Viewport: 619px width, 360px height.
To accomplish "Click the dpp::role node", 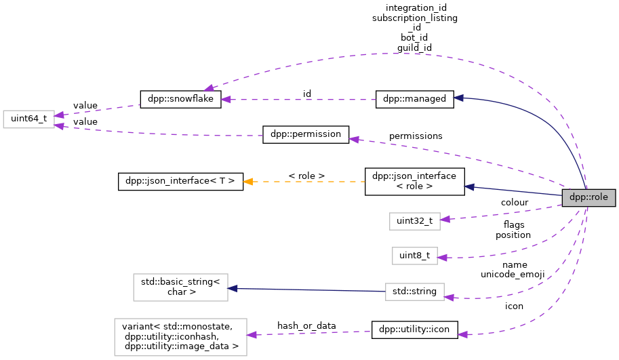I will tap(588, 198).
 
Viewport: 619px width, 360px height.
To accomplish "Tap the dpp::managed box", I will tap(414, 99).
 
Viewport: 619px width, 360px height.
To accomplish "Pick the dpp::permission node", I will tap(305, 134).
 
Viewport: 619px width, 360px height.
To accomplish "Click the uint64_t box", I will tap(28, 119).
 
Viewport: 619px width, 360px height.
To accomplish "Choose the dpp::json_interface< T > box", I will tap(180, 181).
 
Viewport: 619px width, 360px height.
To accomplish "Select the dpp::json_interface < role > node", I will tap(414, 182).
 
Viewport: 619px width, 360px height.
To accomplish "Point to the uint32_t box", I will tap(415, 220).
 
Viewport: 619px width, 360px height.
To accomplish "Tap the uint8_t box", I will tap(414, 256).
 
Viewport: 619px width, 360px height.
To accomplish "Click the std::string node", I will tap(414, 292).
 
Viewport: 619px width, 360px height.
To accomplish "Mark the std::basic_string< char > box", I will tap(180, 287).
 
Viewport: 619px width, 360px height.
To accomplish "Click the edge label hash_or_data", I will tap(306, 325).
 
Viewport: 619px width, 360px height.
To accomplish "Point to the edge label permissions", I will tap(416, 136).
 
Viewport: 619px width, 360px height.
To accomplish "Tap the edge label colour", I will tap(515, 202).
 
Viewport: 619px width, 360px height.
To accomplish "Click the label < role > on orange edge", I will tap(306, 176).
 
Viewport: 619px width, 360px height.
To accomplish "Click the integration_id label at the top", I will tap(416, 7).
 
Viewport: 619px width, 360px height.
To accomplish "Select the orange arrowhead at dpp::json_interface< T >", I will tap(248, 182).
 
